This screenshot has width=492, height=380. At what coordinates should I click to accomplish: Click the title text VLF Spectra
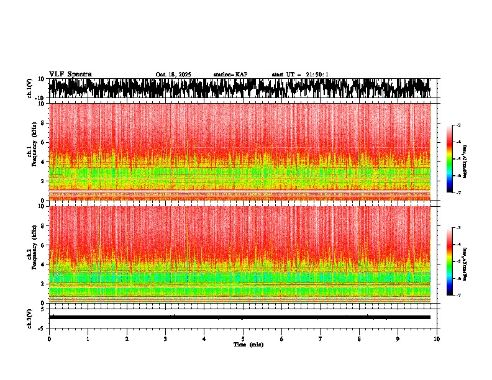tap(70, 74)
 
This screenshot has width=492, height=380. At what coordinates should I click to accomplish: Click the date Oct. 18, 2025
tap(173, 75)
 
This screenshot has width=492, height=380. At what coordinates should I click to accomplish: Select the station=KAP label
tap(230, 75)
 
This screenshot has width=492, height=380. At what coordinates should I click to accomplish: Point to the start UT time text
tap(300, 75)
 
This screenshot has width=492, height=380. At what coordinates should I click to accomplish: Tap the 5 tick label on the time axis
tap(243, 339)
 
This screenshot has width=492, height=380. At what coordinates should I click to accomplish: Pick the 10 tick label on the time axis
tap(437, 339)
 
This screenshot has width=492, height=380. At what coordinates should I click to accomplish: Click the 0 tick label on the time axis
tap(49, 339)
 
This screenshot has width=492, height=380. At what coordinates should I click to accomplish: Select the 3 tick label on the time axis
tap(165, 339)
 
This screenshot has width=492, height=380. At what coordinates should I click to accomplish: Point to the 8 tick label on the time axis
tap(359, 339)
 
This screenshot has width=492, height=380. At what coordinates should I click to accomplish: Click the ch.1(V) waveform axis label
tap(30, 88)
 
